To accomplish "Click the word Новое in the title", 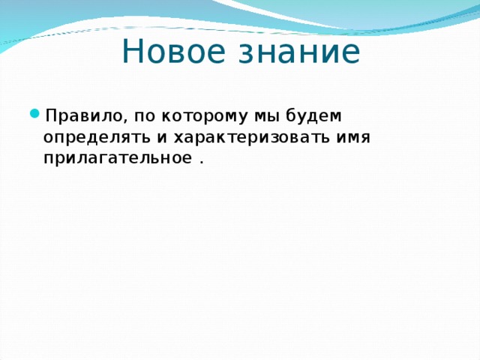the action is (173, 51).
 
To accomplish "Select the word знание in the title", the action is (299, 51).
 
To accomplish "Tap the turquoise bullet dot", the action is (34, 114).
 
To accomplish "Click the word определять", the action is (97, 138).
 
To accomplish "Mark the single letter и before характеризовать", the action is (162, 138).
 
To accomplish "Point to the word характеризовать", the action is (251, 139).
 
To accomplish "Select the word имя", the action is (353, 138).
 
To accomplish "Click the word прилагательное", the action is (118, 159).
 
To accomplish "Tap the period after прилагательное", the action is (201, 162).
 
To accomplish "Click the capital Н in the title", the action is (132, 51).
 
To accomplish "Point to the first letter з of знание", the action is (245, 55).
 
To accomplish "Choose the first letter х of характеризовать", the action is (178, 138).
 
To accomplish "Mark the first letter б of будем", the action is (292, 115).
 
